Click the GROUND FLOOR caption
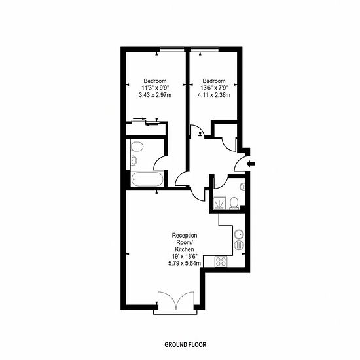tap(185, 344)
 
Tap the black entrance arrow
tap(251, 164)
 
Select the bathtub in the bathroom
tap(148, 179)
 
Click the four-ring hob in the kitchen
tap(221, 261)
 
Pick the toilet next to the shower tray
tap(234, 203)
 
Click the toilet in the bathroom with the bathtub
tap(137, 146)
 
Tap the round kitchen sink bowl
tap(239, 235)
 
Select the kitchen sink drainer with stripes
tap(239, 245)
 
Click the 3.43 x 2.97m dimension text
tap(155, 95)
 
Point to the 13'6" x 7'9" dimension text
tap(214, 88)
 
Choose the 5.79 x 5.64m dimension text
tap(185, 263)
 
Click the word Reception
tap(185, 236)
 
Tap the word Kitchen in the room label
tap(185, 249)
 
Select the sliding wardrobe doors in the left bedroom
tap(145, 122)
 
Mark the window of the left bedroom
tap(172, 49)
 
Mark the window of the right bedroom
tap(205, 49)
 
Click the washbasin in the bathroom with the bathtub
tap(134, 160)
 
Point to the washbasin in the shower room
tap(242, 187)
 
